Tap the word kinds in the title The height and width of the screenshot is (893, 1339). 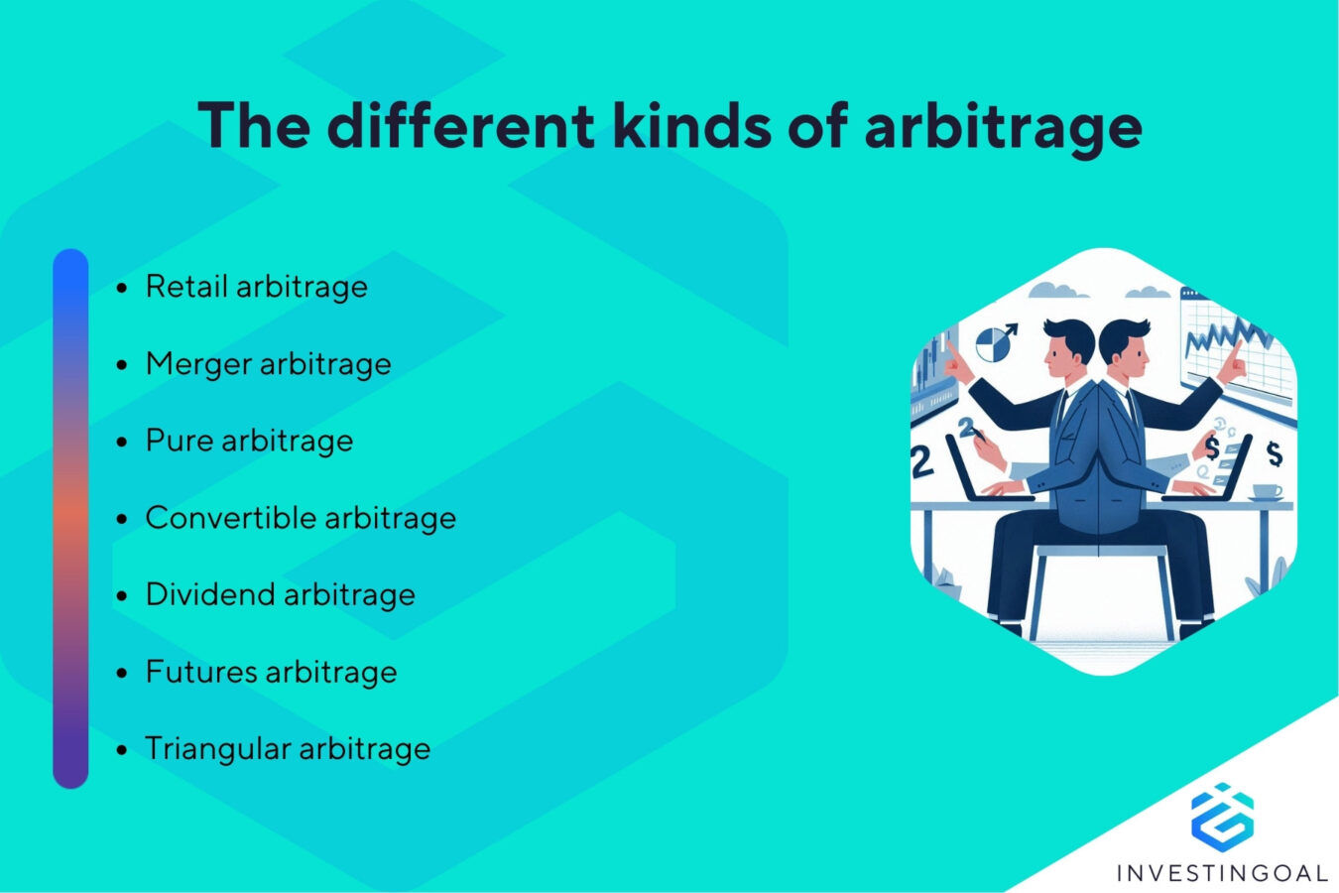690,126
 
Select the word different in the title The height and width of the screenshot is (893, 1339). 460,126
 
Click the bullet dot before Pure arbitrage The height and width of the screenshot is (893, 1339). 122,443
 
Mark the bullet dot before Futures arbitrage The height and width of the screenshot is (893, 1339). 122,674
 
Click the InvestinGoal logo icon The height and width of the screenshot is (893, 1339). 1222,814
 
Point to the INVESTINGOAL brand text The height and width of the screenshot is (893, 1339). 1222,873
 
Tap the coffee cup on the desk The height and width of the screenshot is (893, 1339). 1266,491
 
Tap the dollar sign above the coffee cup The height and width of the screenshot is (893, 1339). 1274,453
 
